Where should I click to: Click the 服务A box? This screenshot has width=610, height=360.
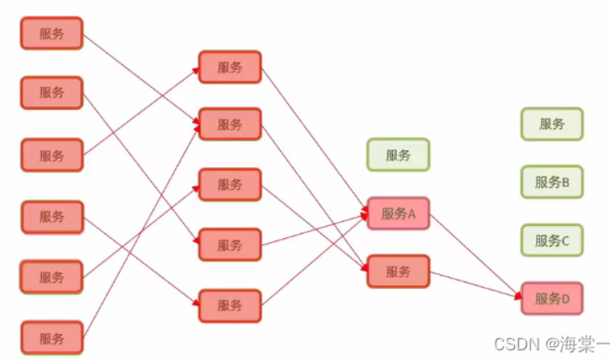coord(398,214)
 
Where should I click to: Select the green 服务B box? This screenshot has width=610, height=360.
coord(552,182)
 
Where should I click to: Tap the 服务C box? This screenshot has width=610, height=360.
coord(552,240)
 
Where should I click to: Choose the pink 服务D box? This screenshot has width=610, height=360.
coord(552,299)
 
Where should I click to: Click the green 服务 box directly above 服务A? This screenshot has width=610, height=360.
coord(398,155)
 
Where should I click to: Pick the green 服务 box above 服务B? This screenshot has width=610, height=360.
coord(552,124)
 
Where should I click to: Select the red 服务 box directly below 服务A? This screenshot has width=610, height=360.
coord(398,272)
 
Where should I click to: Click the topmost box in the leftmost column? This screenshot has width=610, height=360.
coord(52,34)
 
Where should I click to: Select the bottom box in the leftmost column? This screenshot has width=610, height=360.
coord(52,337)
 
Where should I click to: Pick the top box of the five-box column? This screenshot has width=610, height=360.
coord(230,67)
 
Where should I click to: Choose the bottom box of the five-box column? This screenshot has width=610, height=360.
coord(230,306)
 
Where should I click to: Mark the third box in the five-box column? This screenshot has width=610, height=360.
coord(230,184)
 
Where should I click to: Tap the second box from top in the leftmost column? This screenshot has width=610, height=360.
coord(52,93)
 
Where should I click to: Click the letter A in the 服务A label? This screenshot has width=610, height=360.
coord(410,214)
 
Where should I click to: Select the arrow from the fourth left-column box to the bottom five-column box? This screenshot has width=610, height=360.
coord(141,261)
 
